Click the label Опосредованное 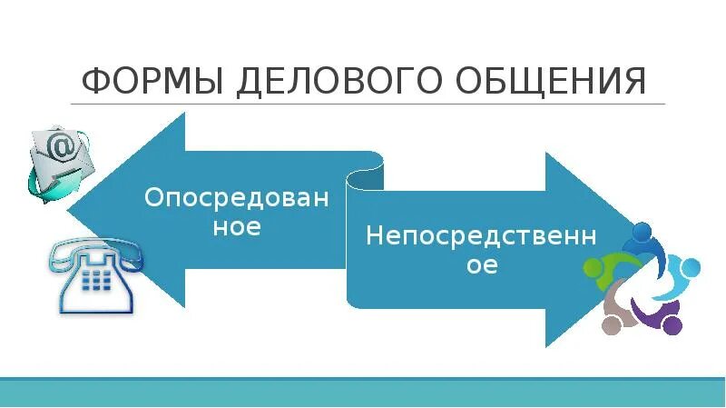237,212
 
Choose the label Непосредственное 481,251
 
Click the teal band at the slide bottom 363,392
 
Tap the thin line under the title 363,104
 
